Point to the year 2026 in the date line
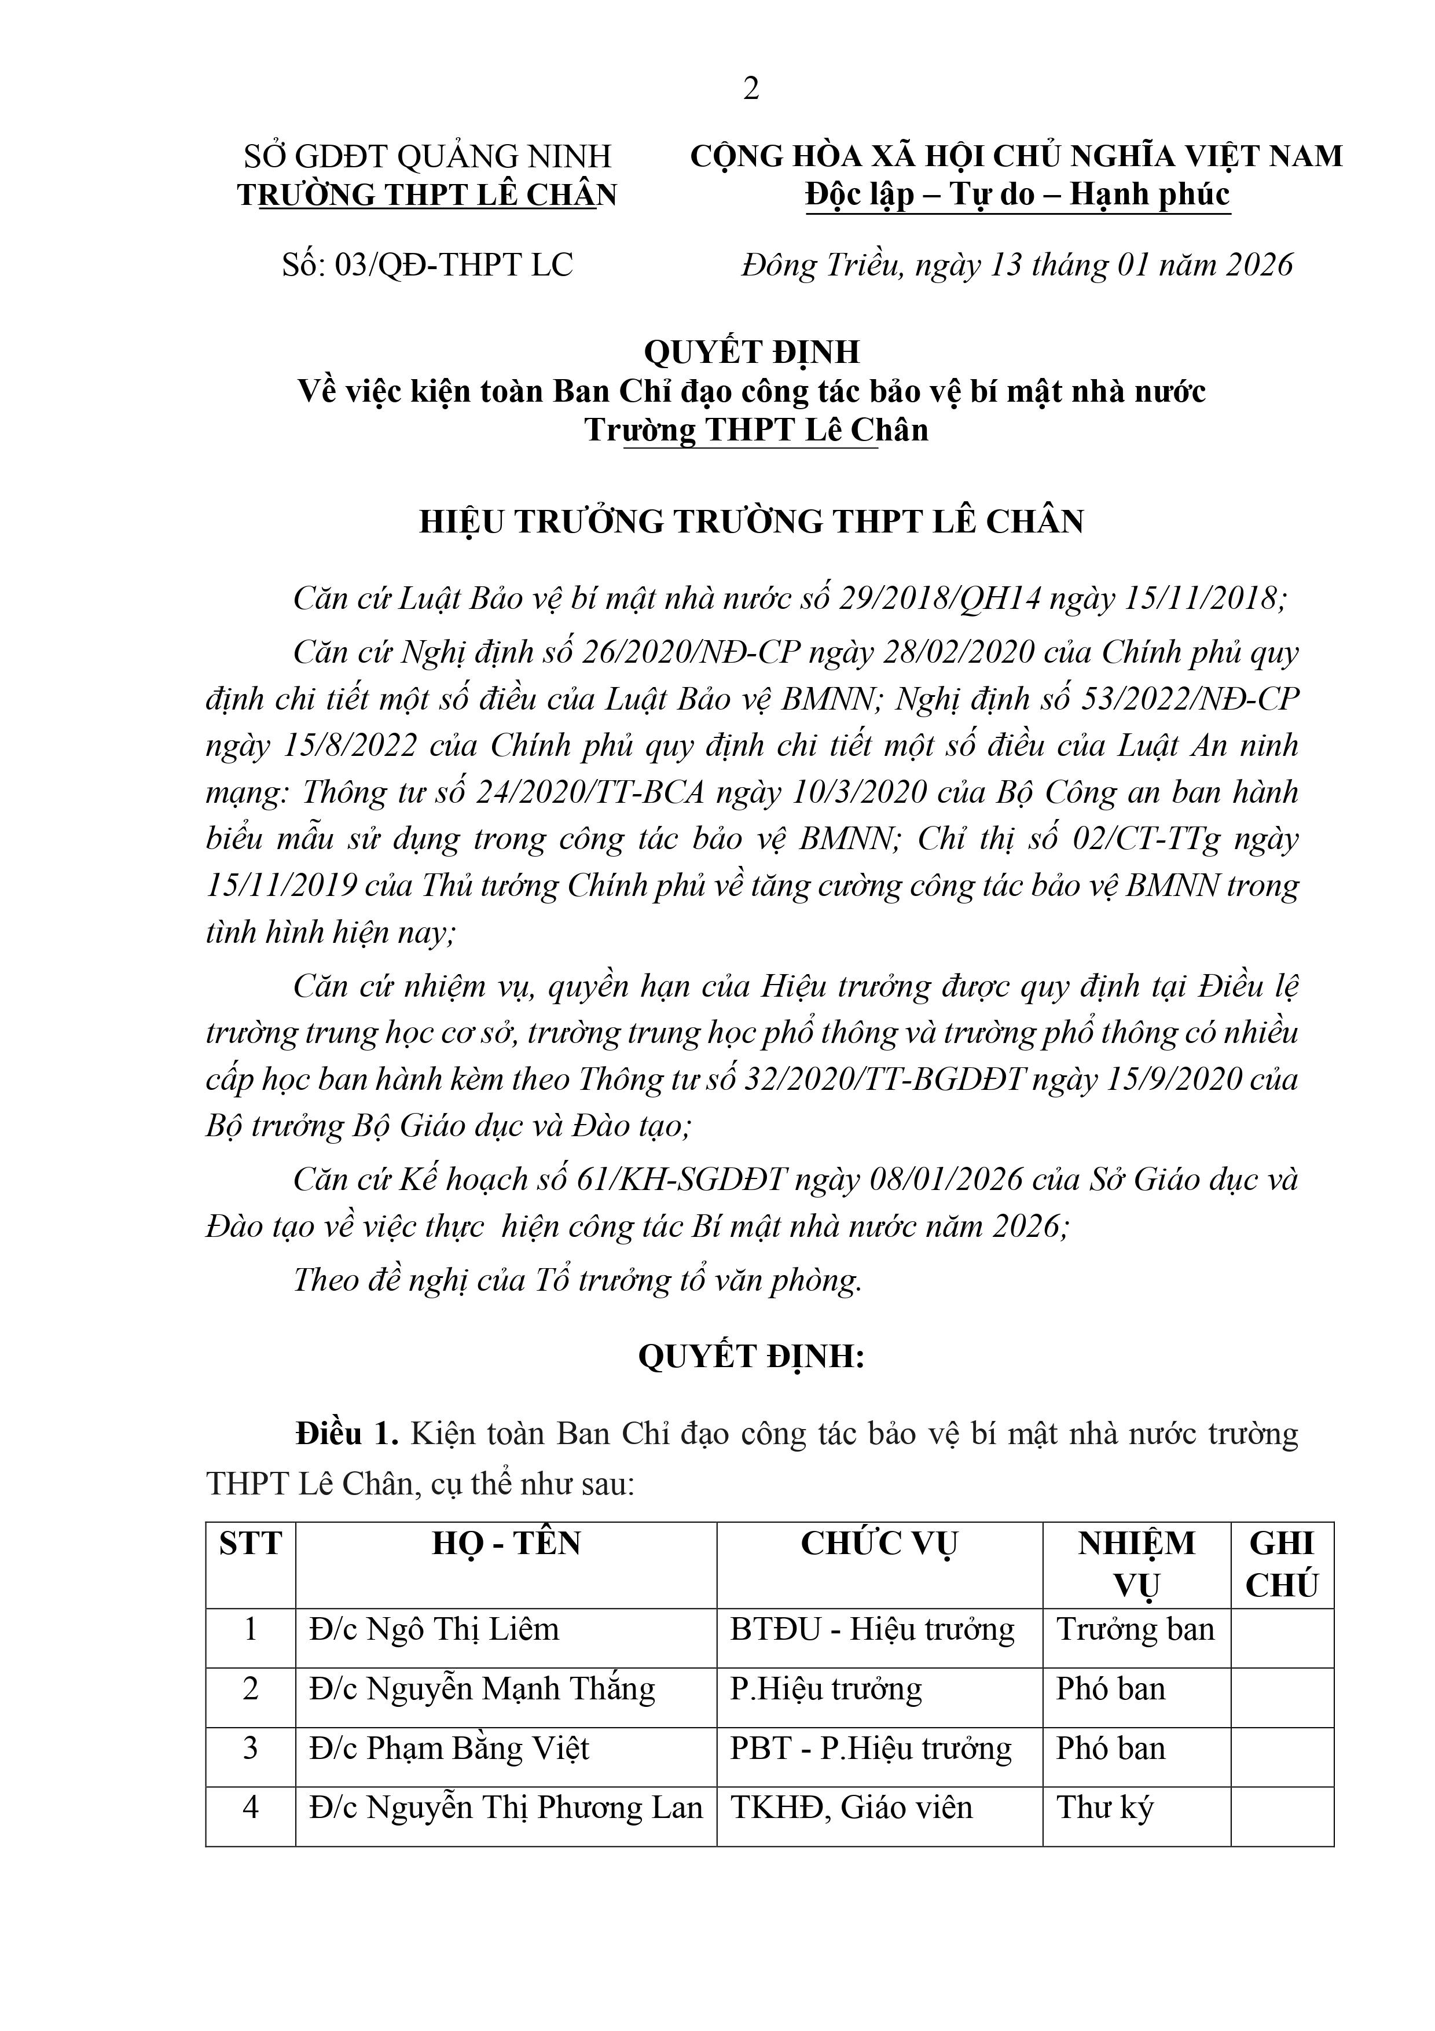coord(1259,265)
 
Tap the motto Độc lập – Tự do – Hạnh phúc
coord(1018,194)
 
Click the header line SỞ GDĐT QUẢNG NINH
coord(427,157)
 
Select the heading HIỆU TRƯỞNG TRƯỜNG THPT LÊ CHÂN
coord(751,522)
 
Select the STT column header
coord(251,1544)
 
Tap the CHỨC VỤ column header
coord(879,1544)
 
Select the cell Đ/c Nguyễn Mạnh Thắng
coord(482,1690)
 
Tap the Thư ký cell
coord(1105,1808)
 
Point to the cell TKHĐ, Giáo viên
coord(851,1808)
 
